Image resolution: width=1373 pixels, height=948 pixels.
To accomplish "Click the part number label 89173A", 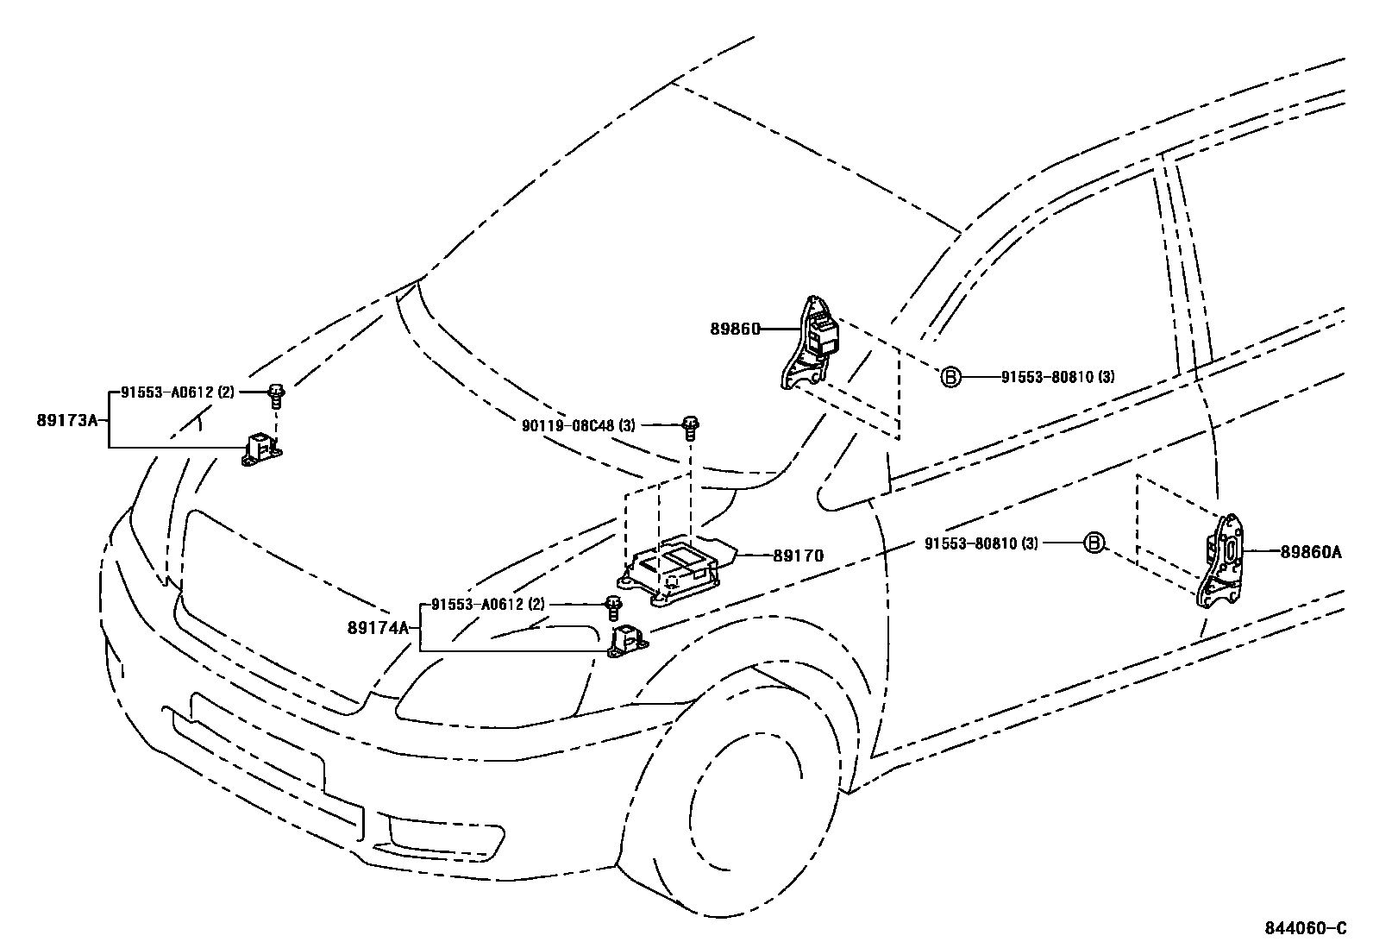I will tap(68, 420).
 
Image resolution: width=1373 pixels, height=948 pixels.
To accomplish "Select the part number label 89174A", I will tap(378, 628).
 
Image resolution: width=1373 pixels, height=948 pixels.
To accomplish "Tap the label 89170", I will tap(798, 556).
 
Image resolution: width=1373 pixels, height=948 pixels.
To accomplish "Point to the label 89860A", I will tap(1311, 552).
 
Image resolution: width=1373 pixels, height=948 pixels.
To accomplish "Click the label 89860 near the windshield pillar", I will tap(735, 329).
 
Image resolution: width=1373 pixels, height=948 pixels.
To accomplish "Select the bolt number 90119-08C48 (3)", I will tap(578, 425).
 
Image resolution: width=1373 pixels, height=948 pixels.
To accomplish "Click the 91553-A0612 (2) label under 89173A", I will tap(177, 392).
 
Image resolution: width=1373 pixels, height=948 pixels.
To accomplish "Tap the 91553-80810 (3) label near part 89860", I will tap(1057, 377).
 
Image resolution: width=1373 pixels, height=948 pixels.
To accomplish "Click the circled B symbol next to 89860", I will tap(950, 377).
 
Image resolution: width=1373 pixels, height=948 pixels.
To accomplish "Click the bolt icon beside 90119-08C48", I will tap(691, 425).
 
